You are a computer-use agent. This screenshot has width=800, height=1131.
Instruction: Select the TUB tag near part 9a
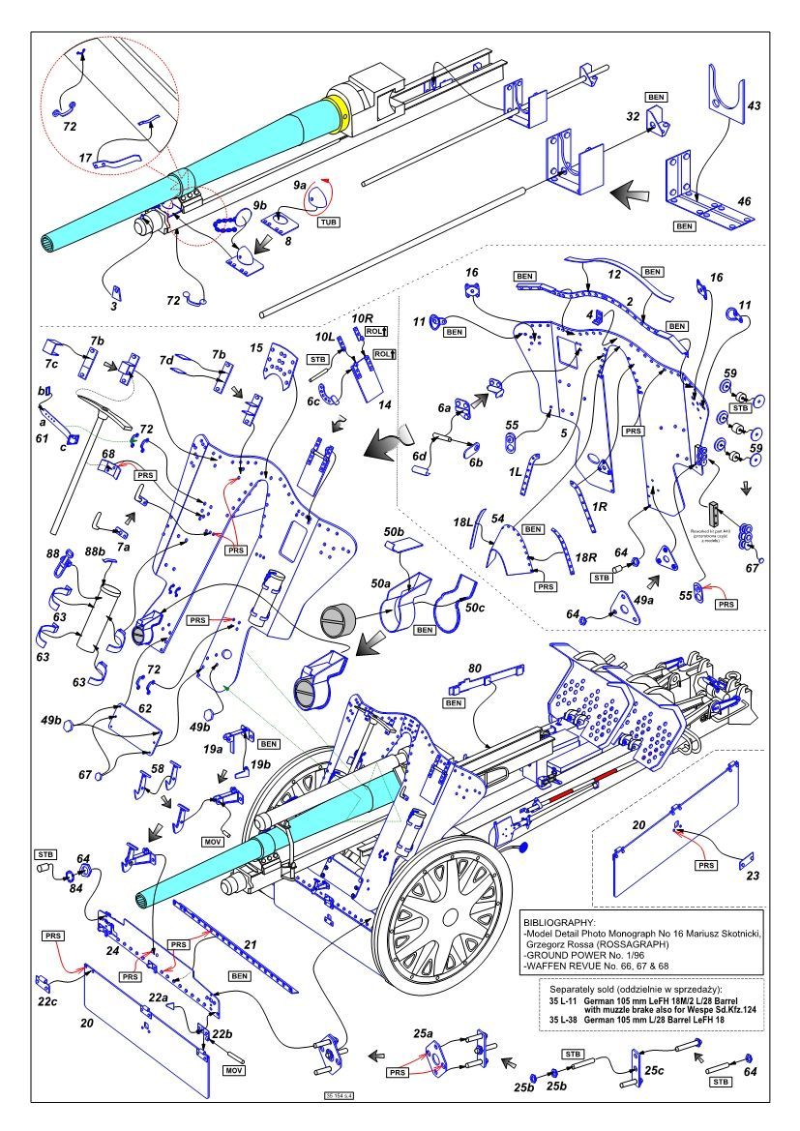(x=330, y=222)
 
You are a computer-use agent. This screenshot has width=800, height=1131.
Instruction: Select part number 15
(x=256, y=346)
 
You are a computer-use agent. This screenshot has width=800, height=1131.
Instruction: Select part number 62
(x=144, y=708)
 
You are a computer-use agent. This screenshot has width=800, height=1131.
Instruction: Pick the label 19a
(x=213, y=748)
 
